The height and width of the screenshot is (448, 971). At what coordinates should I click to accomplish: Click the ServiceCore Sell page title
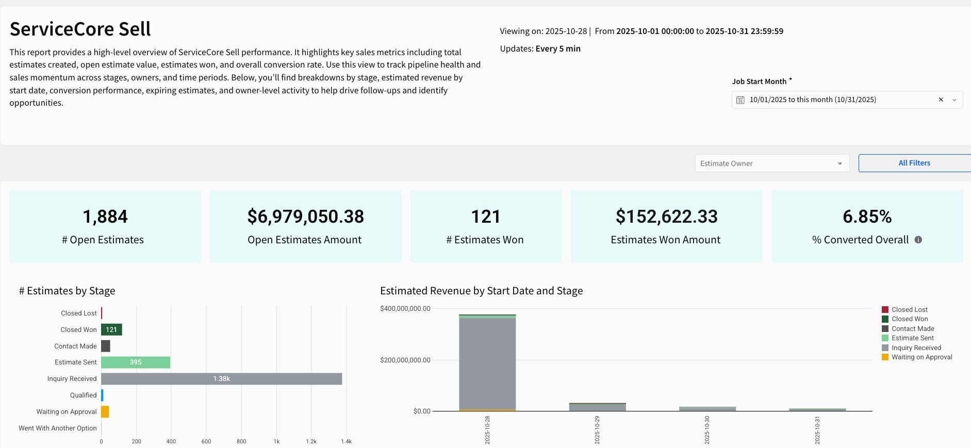[x=80, y=29]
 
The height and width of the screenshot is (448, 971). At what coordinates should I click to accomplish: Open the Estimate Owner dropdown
[x=771, y=163]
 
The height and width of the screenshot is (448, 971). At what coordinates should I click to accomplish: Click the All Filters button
[x=914, y=163]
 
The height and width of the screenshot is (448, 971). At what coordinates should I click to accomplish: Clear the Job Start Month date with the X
[x=941, y=99]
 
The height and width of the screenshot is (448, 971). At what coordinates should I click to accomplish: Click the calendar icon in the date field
[x=740, y=100]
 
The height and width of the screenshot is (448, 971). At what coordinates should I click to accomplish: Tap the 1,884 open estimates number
[x=105, y=217]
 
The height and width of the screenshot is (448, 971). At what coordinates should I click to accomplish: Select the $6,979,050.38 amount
[x=305, y=217]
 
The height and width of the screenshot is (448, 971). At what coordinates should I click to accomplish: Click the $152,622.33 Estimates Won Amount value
[x=666, y=217]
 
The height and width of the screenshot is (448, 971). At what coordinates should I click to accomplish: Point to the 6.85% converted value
[x=867, y=217]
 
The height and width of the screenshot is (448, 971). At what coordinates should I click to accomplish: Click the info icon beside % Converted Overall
[x=918, y=240]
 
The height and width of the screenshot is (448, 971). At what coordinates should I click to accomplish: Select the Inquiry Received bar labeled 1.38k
[x=222, y=379]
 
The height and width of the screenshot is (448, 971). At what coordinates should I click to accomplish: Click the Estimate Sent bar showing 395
[x=136, y=362]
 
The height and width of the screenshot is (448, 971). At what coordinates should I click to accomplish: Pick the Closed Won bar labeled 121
[x=111, y=330]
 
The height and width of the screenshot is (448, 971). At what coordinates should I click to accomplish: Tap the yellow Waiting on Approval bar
[x=105, y=412]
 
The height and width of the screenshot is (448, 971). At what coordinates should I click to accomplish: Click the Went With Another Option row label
[x=58, y=428]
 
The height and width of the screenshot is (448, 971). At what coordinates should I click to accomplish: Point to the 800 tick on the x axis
[x=241, y=441]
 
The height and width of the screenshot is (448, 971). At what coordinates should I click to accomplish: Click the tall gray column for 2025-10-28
[x=487, y=363]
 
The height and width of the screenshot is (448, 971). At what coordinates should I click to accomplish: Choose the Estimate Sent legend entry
[x=912, y=338]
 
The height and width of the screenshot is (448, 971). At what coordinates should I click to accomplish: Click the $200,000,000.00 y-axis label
[x=405, y=360]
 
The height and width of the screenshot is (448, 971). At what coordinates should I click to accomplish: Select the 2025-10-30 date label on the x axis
[x=707, y=430]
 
